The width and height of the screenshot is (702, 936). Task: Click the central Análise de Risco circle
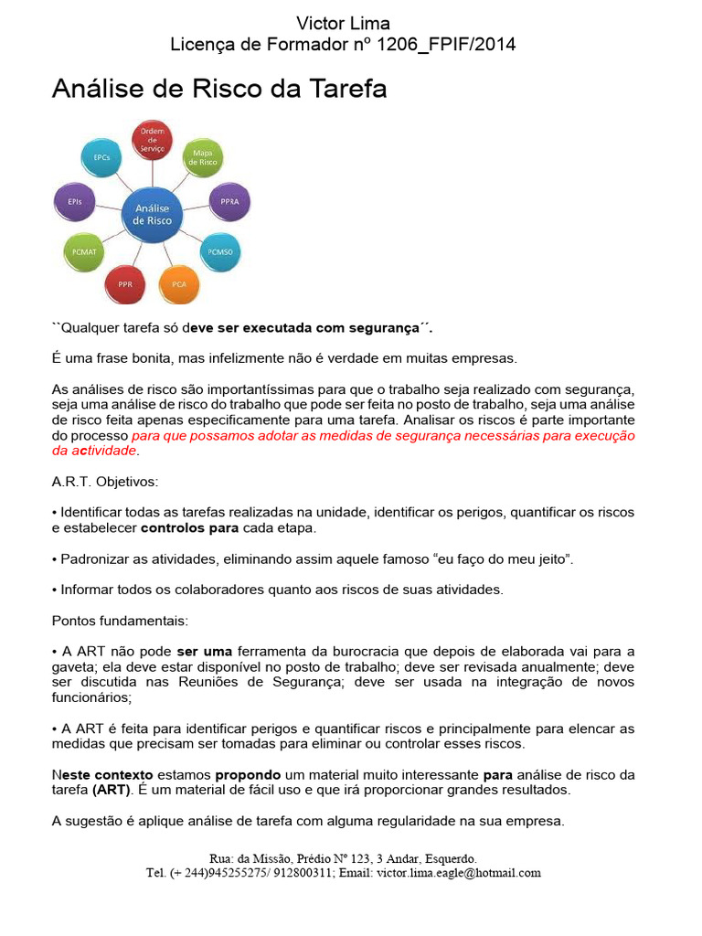pos(152,214)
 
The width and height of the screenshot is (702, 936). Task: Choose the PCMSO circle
pos(220,250)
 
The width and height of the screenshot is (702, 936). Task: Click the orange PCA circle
pos(179,284)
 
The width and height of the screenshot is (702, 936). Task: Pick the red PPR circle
pos(125,284)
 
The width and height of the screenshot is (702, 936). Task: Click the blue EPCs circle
pos(101,158)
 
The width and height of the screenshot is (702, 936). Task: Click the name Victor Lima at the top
pos(344,24)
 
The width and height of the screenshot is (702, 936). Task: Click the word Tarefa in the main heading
pos(343,89)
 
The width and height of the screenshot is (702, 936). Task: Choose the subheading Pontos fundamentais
pos(120,621)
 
